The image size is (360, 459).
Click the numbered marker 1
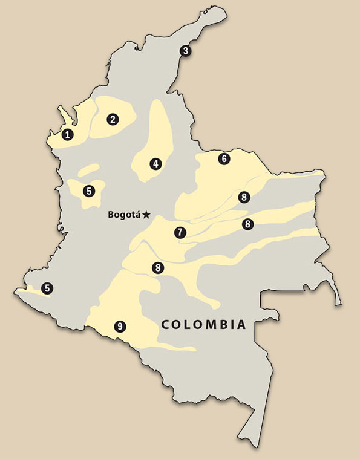coord(68,134)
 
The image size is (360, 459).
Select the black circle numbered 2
coord(112,119)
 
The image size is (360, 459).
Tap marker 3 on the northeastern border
coord(186,51)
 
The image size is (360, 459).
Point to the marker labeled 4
coord(156,163)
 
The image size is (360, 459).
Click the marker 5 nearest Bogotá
coord(90,191)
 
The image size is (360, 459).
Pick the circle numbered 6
coord(224,159)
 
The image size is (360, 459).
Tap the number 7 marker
coord(179,232)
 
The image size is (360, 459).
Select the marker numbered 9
coord(120,327)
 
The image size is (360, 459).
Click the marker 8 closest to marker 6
coord(243,197)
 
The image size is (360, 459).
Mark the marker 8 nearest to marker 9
coord(158,267)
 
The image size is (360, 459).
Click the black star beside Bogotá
coord(147,214)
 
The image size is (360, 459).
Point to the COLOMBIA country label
coord(203,325)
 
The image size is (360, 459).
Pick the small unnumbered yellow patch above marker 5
coord(88,170)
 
